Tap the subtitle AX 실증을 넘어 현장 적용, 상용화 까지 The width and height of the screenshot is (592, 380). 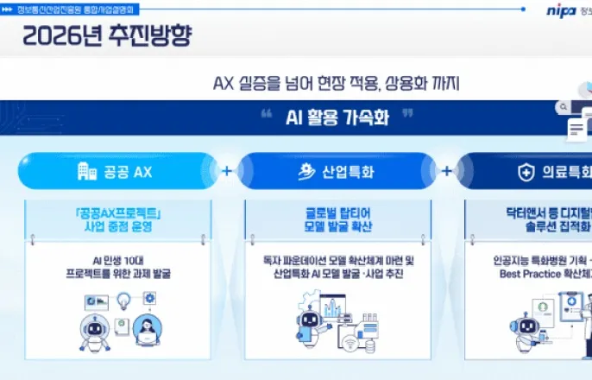(337, 84)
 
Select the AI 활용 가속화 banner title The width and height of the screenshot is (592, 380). (337, 117)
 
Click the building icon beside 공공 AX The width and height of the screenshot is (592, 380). (86, 171)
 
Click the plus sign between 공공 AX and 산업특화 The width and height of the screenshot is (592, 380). (227, 171)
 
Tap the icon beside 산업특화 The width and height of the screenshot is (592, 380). (304, 171)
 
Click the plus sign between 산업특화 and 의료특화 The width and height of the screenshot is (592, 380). (447, 171)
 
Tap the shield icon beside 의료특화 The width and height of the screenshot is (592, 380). (525, 171)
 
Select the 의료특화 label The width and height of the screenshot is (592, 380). (566, 171)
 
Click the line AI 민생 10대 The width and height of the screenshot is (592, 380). (117, 259)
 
